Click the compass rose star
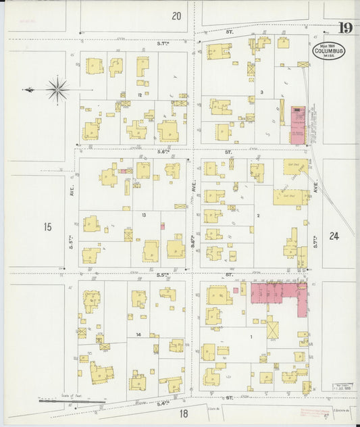pyautogui.click(x=58, y=89)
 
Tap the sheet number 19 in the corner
pyautogui.click(x=345, y=28)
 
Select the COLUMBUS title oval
pyautogui.click(x=329, y=52)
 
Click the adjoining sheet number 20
pyautogui.click(x=177, y=16)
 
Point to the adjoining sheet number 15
pyautogui.click(x=47, y=227)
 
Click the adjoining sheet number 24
pyautogui.click(x=334, y=236)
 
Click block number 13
pyautogui.click(x=143, y=215)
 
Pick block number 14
pyautogui.click(x=138, y=334)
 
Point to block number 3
pyautogui.click(x=261, y=91)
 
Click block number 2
pyautogui.click(x=258, y=216)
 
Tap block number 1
pyautogui.click(x=252, y=335)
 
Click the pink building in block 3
pyautogui.click(x=298, y=124)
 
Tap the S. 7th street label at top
pyautogui.click(x=163, y=44)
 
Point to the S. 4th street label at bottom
pyautogui.click(x=162, y=403)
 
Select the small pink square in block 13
pyautogui.click(x=163, y=226)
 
